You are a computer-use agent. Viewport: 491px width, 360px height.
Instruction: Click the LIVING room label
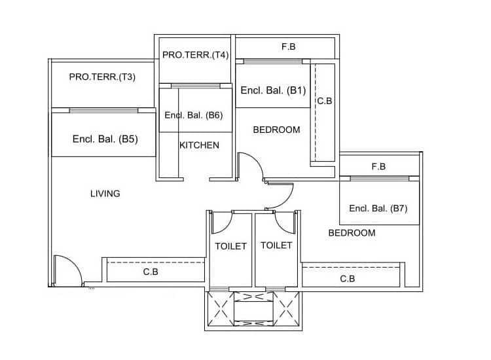(105, 193)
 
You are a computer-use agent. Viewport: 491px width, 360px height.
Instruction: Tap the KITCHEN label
(199, 145)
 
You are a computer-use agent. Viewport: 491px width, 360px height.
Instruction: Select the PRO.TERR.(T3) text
(102, 77)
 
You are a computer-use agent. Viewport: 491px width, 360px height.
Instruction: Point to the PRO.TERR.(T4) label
(195, 55)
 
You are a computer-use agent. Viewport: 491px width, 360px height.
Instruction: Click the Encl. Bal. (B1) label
(273, 90)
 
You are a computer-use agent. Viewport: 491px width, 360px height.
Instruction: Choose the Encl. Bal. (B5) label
(105, 139)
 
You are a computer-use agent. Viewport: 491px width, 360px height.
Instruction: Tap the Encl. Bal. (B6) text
(194, 115)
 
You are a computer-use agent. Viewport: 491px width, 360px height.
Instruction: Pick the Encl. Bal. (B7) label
(378, 209)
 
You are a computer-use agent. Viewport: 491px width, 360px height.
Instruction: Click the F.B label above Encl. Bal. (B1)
(288, 46)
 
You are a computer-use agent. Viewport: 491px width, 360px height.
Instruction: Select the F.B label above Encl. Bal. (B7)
(378, 166)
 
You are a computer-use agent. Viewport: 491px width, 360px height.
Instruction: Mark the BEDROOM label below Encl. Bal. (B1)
(276, 130)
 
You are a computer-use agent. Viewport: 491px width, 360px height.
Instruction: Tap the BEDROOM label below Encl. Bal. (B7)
(352, 233)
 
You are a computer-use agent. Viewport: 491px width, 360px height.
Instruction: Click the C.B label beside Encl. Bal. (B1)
(325, 101)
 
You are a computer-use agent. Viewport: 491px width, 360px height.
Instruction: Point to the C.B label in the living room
(151, 271)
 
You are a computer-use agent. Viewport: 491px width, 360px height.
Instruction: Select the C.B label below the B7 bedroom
(348, 279)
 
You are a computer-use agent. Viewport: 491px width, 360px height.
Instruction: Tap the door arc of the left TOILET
(221, 223)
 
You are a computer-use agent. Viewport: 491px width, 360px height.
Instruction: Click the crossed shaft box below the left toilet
(219, 306)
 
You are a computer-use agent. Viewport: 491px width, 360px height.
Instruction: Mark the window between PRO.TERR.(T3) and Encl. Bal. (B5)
(103, 110)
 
